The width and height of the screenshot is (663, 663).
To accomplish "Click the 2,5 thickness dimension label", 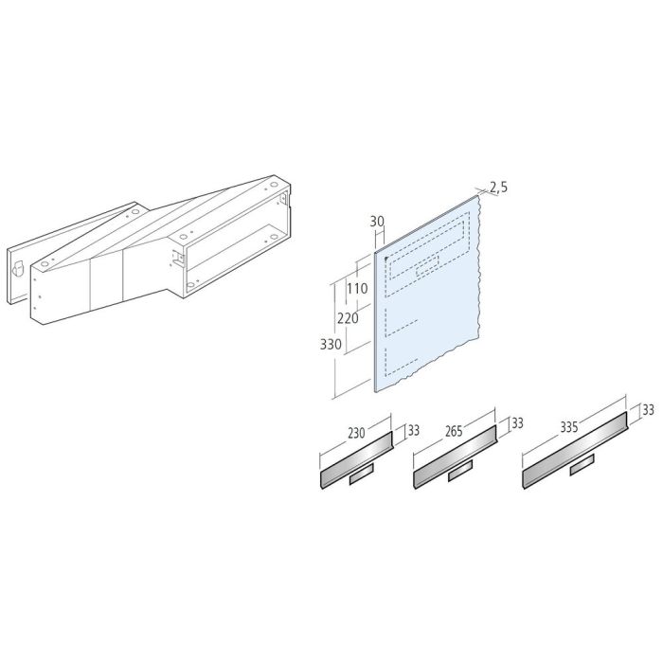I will point(499,188).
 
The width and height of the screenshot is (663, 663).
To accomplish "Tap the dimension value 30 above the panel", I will point(376,221).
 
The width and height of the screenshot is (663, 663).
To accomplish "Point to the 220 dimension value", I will point(348,318).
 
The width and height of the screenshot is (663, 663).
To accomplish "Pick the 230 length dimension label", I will point(356,433).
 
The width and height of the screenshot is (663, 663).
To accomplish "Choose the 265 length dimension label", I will point(453,432).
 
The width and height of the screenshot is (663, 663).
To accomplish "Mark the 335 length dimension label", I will point(568,427).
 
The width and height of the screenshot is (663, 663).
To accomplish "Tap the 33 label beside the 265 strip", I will point(517,423).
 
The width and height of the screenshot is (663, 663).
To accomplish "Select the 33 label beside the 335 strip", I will point(648,410).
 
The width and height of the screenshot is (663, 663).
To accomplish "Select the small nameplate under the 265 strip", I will point(461,471).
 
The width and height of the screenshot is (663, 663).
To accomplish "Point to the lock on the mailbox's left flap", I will point(19,268).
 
